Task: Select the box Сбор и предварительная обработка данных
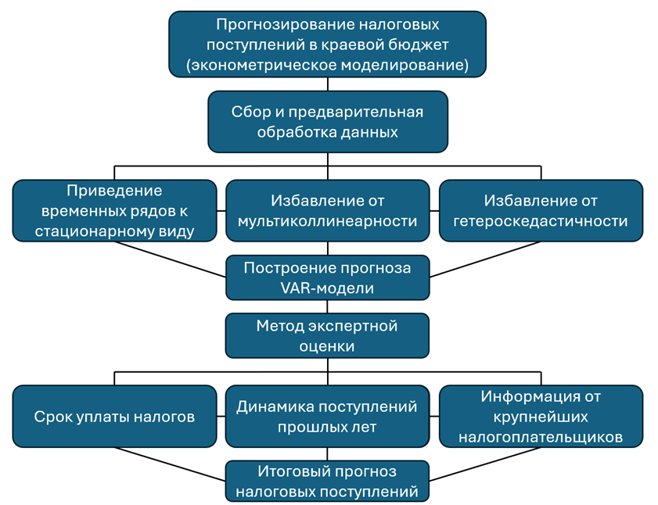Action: click(x=327, y=121)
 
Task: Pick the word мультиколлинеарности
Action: click(x=327, y=221)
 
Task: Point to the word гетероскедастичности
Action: click(x=541, y=221)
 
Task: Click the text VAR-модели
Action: click(x=327, y=288)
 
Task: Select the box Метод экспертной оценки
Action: click(x=327, y=335)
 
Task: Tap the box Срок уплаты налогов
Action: click(x=114, y=417)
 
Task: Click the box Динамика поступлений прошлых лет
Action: click(x=327, y=417)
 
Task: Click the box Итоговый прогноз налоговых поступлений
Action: click(x=327, y=482)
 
